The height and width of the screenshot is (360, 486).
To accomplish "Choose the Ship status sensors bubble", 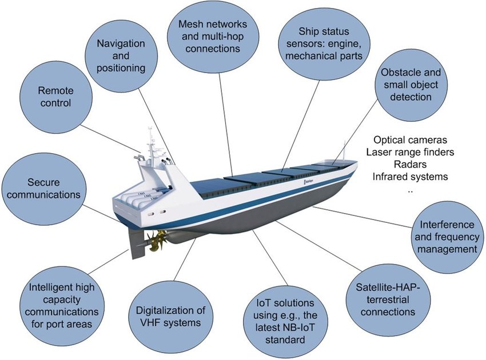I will [324, 44].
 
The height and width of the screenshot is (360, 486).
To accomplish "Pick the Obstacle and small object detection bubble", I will [411, 86].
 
